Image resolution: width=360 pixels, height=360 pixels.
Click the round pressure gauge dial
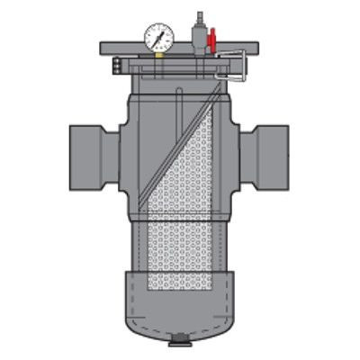click(x=158, y=36)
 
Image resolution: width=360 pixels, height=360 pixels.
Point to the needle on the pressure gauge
click(x=160, y=34)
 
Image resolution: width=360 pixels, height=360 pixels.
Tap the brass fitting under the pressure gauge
click(x=158, y=53)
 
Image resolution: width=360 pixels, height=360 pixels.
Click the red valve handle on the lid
click(x=212, y=40)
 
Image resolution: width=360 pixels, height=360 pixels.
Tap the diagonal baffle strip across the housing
click(x=180, y=144)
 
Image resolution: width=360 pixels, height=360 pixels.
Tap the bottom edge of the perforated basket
click(x=180, y=292)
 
